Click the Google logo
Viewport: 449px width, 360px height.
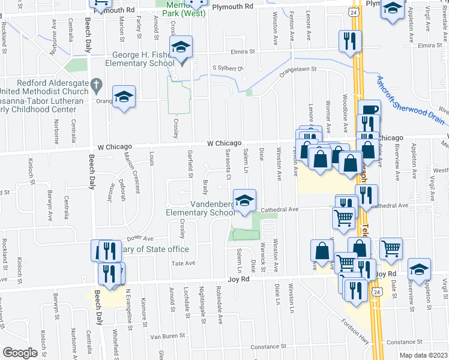click(20, 352)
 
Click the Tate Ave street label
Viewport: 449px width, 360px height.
click(184, 263)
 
